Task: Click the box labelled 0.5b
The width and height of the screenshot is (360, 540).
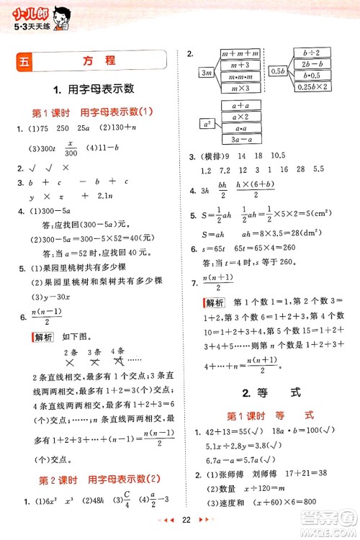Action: click(x=277, y=72)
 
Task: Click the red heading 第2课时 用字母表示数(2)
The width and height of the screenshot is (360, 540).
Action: click(x=94, y=480)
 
